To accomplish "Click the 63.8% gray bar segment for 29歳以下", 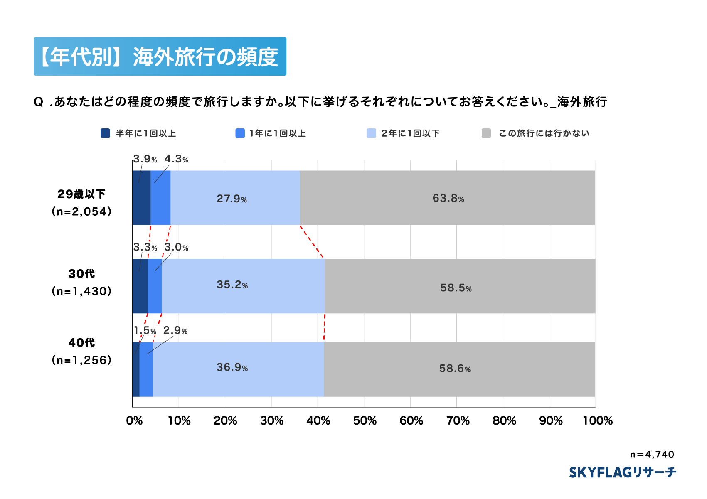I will tap(447, 198).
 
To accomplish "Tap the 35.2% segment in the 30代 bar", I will tap(243, 285).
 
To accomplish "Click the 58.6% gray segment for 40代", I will tap(459, 369).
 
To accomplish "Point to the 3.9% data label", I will tap(145, 159).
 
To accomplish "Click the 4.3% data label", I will tap(176, 159).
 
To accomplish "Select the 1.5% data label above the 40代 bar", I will tap(145, 331).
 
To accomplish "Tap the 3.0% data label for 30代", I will tap(176, 248).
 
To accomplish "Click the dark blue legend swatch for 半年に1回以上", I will tap(105, 133).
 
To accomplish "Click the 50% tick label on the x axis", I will tap(365, 421).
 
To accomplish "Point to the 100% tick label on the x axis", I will tap(597, 421).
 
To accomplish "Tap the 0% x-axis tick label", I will tap(134, 421).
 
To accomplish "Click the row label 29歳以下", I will tap(81, 194).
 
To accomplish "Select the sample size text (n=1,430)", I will tap(81, 291).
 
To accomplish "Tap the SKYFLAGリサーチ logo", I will tap(622, 472).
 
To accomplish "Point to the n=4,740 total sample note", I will tap(652, 455).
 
